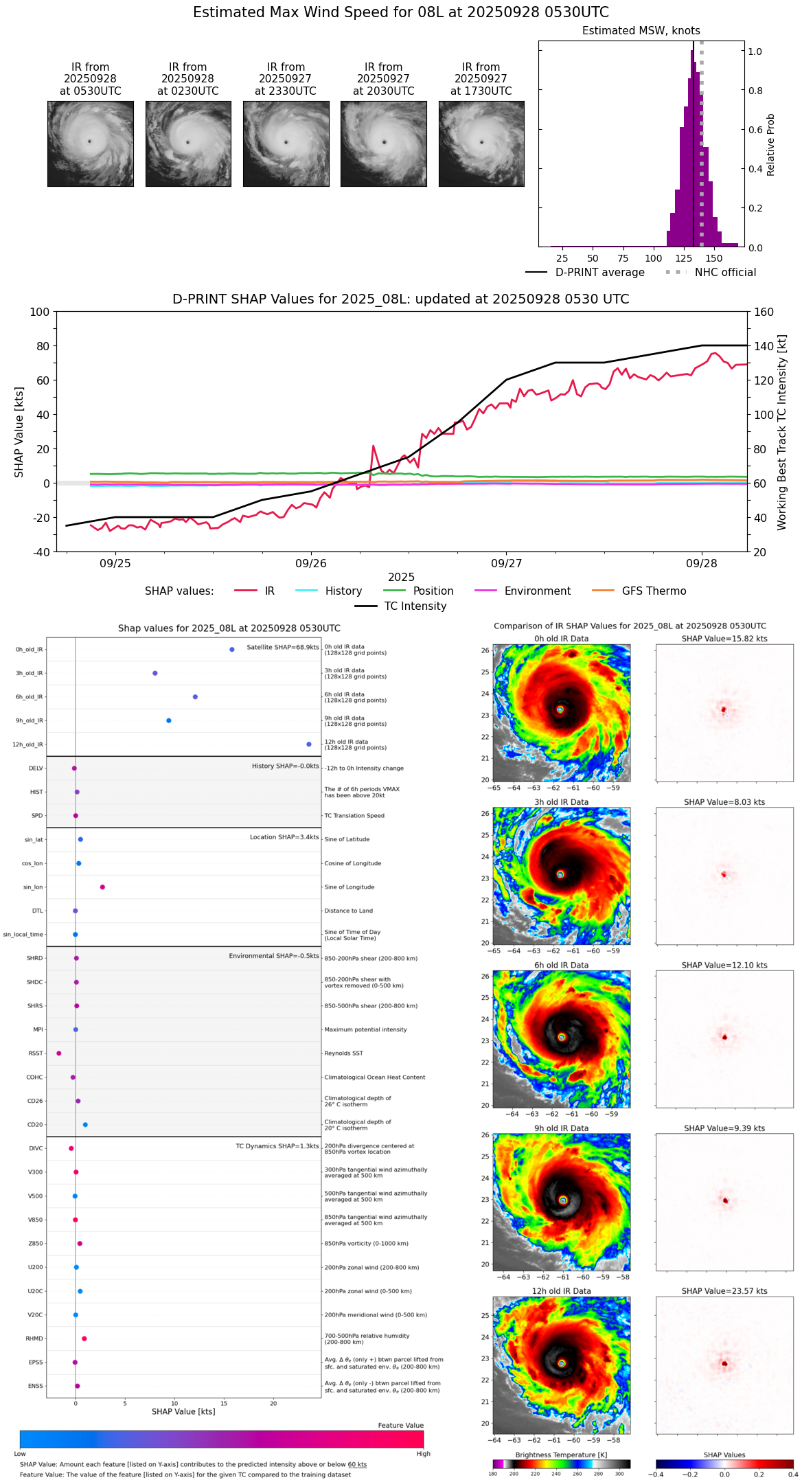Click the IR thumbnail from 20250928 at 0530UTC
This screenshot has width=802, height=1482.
pyautogui.click(x=90, y=144)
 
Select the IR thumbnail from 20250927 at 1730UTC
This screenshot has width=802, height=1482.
pyautogui.click(x=481, y=144)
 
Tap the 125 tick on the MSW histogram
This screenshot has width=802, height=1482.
pyautogui.click(x=684, y=258)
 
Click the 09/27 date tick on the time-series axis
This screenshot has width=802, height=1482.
pyautogui.click(x=506, y=563)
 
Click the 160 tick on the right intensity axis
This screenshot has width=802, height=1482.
pyautogui.click(x=764, y=312)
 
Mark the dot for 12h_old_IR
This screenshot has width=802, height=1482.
pyautogui.click(x=309, y=744)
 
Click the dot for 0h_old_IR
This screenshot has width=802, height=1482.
pyautogui.click(x=232, y=649)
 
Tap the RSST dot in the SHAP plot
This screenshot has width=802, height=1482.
pyautogui.click(x=59, y=1053)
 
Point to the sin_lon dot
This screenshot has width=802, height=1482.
pyautogui.click(x=102, y=887)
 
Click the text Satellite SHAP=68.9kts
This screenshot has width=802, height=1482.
pyautogui.click(x=283, y=648)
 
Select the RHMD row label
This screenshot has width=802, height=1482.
pyautogui.click(x=34, y=1338)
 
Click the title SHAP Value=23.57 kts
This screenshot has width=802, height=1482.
pyautogui.click(x=724, y=1291)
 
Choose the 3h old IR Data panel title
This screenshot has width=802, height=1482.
pyautogui.click(x=561, y=802)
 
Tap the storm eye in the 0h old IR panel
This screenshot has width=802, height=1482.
pyautogui.click(x=560, y=709)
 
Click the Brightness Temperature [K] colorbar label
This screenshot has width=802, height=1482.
pyautogui.click(x=561, y=1455)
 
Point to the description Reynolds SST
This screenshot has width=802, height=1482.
pyautogui.click(x=344, y=1053)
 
